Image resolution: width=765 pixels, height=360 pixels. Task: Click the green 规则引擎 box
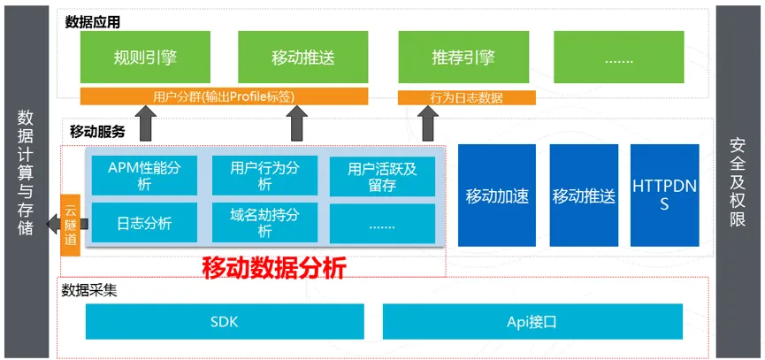[x=145, y=57]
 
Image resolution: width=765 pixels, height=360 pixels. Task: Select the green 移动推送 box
[x=303, y=57]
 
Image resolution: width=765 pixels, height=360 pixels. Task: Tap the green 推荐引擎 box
[x=463, y=57]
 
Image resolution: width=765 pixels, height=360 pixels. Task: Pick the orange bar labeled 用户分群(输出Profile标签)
[x=224, y=96]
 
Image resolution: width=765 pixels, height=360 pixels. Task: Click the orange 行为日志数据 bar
[x=467, y=97]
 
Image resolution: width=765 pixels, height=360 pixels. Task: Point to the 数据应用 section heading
[x=92, y=22]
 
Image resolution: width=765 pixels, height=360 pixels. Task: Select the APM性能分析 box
[x=144, y=176]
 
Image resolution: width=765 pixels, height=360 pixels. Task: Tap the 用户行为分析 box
[x=265, y=176]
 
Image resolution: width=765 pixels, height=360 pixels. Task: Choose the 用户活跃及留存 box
[x=382, y=176]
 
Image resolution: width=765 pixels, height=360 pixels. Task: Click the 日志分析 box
[x=144, y=223]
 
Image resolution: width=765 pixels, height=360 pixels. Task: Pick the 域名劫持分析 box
[x=265, y=223]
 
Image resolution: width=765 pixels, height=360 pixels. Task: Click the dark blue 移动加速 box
[x=497, y=195]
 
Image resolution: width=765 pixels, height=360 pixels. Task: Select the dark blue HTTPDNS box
[x=664, y=195]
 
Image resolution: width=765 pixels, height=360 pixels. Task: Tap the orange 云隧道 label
[x=70, y=225]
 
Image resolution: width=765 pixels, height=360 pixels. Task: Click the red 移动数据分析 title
[x=274, y=267]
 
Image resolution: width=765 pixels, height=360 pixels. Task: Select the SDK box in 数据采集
[x=225, y=321]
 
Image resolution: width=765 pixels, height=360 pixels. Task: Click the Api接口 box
[x=532, y=321]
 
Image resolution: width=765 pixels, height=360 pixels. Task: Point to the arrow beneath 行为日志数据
[x=429, y=124]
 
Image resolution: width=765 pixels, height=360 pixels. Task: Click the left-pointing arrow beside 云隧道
[x=66, y=224]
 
